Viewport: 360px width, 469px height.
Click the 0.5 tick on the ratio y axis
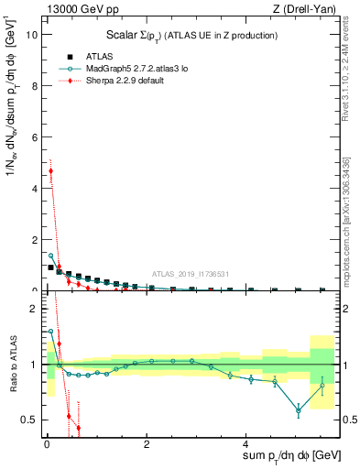coord(28,420)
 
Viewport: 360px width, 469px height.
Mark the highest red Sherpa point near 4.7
coord(51,170)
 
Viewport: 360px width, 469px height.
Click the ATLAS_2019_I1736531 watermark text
coord(190,274)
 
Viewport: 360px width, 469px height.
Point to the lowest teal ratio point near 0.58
coord(299,410)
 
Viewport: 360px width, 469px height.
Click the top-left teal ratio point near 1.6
coord(51,332)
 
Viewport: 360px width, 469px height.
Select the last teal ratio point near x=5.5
coord(322,386)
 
